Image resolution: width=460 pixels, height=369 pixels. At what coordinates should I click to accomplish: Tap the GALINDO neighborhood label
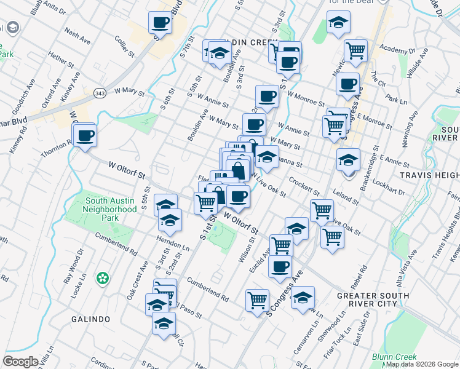coord(90,319)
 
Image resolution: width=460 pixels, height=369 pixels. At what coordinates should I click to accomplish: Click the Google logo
coord(21,362)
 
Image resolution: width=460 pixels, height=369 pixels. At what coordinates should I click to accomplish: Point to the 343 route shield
coord(100,92)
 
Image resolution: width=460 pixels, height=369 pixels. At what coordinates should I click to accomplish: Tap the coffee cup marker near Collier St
coord(160,23)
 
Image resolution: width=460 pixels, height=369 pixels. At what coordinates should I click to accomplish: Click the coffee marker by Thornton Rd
coord(85,135)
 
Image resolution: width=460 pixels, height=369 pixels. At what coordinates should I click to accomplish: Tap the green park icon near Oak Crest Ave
coord(103,279)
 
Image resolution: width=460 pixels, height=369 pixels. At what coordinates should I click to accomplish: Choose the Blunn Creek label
coord(394,357)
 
